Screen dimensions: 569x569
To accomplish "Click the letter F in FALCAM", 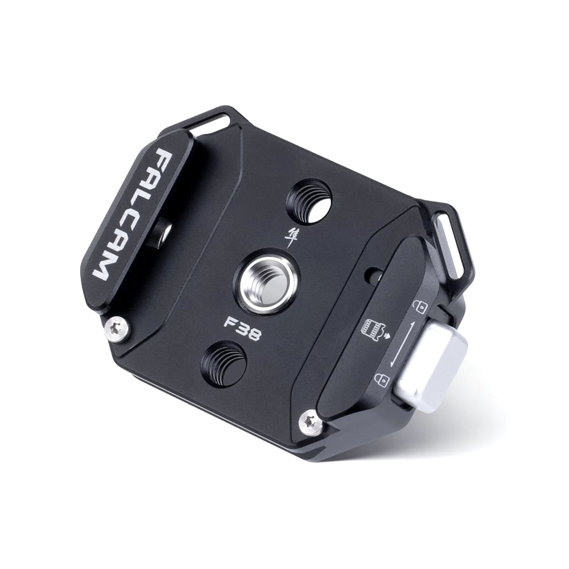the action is click(x=166, y=158).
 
